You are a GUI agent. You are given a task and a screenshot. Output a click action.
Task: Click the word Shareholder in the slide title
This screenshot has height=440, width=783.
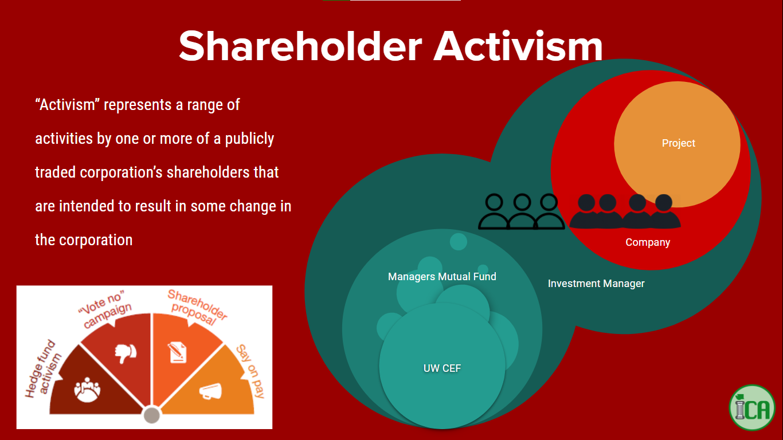point(300,46)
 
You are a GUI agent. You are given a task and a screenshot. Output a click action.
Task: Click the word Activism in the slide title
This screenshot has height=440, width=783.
point(518,46)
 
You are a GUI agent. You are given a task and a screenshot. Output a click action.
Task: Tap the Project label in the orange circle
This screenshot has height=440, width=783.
point(679,143)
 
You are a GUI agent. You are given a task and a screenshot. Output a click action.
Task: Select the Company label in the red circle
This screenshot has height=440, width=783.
point(648,242)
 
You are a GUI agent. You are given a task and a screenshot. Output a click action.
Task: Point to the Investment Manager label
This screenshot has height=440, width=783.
point(596,284)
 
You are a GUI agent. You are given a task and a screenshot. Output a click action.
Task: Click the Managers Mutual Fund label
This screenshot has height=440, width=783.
point(442,277)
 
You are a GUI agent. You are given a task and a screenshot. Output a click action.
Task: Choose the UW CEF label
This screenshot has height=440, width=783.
point(442,368)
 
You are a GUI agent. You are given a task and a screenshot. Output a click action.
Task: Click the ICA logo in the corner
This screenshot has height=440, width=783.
point(752,407)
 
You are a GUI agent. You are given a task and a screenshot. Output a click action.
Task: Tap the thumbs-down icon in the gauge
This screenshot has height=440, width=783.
point(126,353)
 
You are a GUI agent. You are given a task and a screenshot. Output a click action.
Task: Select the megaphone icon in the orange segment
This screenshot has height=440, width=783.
point(210,391)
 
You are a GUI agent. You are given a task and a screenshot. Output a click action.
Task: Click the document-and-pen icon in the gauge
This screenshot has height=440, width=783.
point(177,352)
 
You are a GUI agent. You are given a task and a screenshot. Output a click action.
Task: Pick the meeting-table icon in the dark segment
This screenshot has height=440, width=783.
point(87,390)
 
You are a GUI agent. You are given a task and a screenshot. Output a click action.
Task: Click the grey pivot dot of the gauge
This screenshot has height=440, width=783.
point(152,415)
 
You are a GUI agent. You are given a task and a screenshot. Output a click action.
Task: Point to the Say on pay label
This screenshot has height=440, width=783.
point(250,371)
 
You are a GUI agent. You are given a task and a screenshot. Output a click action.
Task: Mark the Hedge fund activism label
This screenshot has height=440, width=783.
point(43,369)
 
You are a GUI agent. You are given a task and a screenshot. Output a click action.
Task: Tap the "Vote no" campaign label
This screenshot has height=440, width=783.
point(105,309)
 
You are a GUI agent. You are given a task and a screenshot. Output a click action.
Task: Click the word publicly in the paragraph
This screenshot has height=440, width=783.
point(249,139)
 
